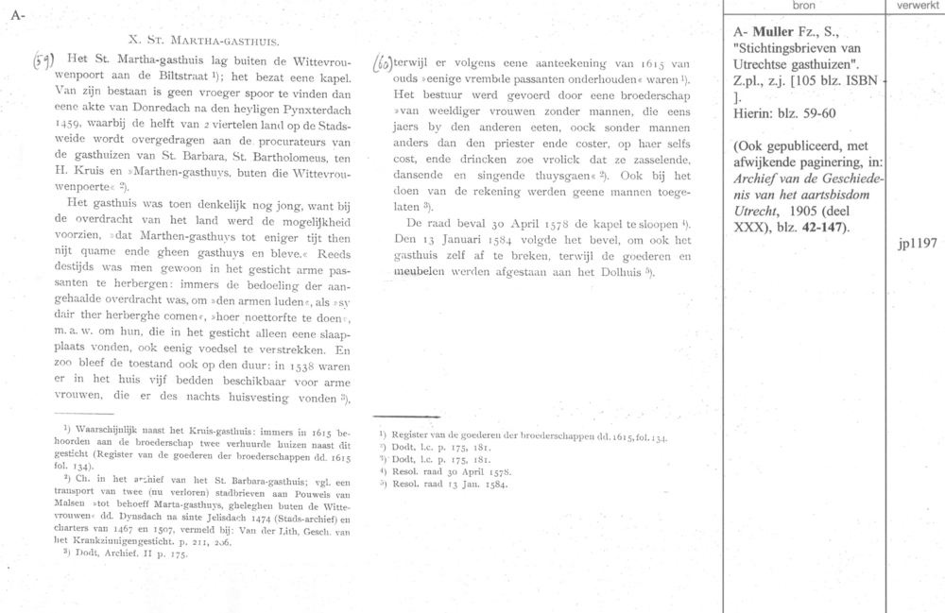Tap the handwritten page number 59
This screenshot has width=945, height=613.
click(x=44, y=60)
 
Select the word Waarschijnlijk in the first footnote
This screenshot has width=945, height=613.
click(x=101, y=430)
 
